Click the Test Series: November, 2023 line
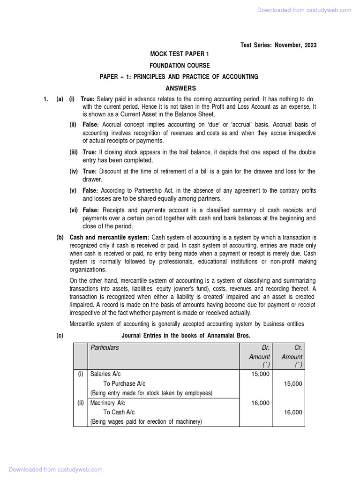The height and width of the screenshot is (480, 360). (278, 45)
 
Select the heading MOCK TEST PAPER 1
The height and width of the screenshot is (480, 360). (180, 55)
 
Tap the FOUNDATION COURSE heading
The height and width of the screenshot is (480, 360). (180, 66)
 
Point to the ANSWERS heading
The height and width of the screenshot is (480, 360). (180, 88)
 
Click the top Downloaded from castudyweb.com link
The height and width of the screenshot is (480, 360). (304, 10)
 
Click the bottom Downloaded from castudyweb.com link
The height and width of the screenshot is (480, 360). (55, 469)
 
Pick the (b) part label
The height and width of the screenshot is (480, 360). (60, 238)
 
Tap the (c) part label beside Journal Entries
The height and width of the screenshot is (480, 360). (60, 336)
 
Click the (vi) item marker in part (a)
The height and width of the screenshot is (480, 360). (74, 210)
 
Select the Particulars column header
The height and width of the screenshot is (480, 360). (105, 348)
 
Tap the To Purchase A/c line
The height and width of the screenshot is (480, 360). (124, 383)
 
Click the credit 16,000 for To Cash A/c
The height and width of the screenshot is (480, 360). (293, 412)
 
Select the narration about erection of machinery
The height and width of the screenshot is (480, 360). (146, 422)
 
